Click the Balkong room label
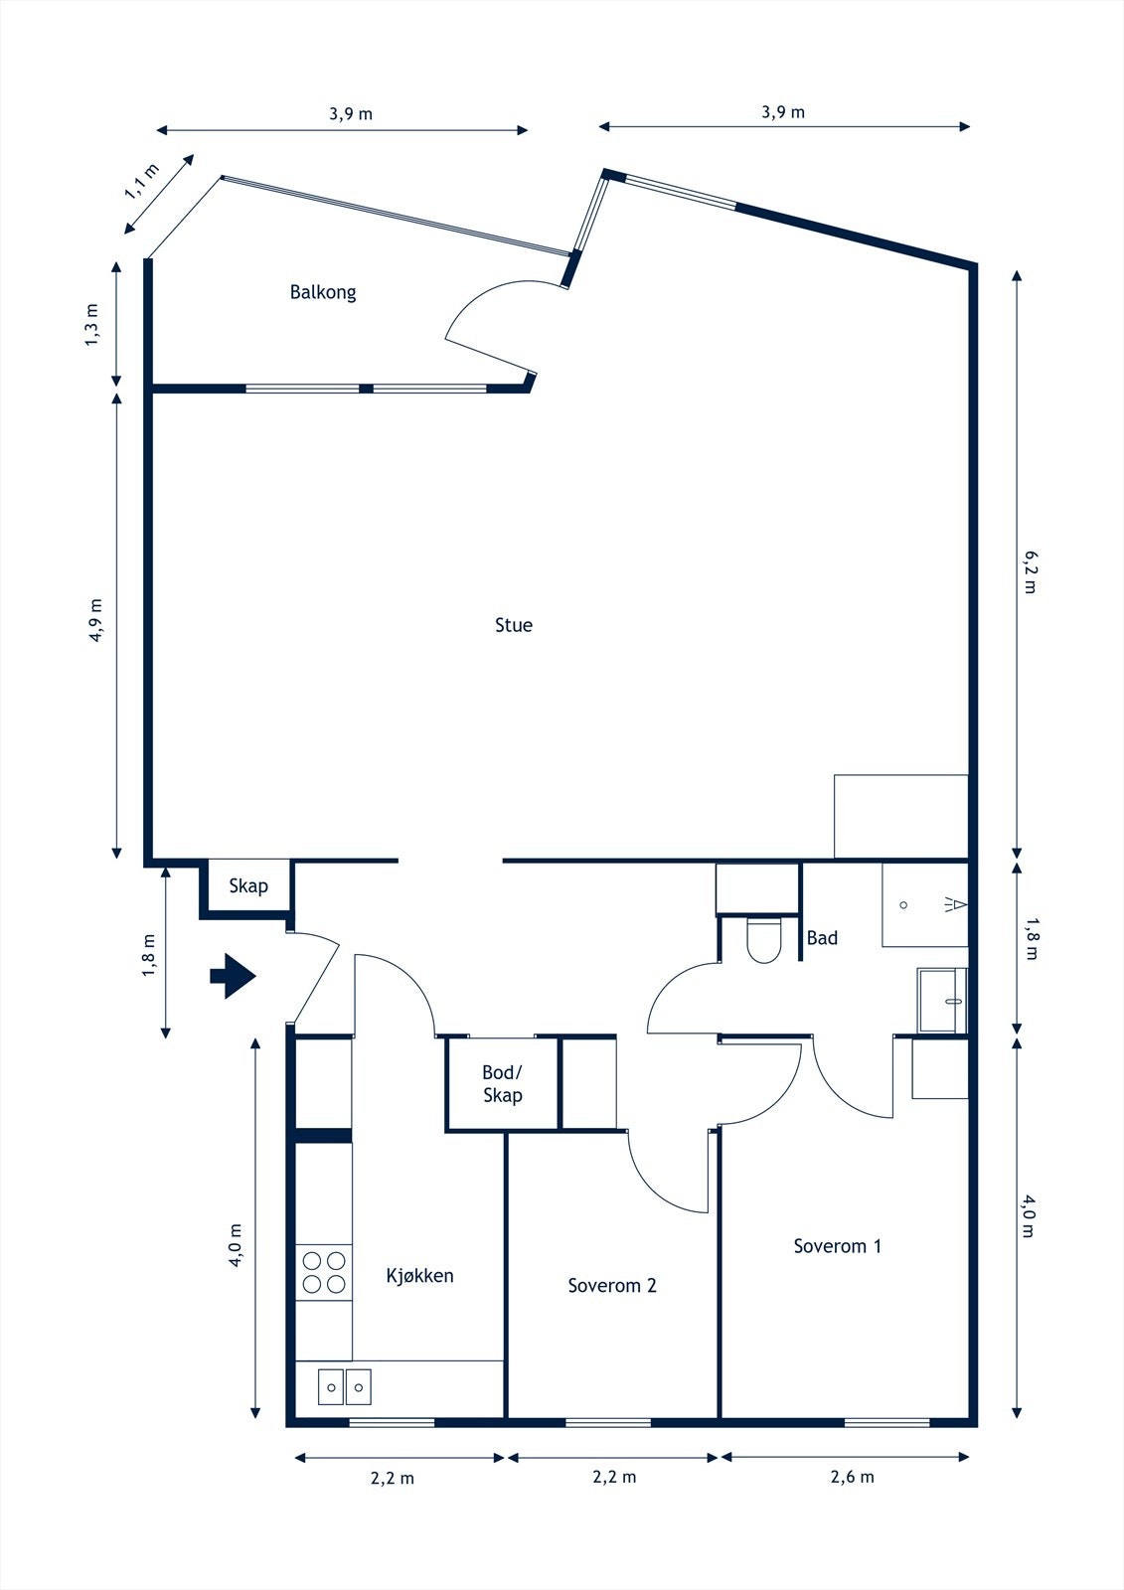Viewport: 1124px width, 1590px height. point(322,292)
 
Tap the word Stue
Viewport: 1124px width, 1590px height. point(514,625)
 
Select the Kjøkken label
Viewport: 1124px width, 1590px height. point(419,1276)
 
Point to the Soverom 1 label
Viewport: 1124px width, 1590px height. point(837,1246)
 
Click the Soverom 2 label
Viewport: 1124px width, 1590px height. point(612,1285)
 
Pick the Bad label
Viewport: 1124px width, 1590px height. point(822,938)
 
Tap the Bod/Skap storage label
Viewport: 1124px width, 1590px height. point(503,1084)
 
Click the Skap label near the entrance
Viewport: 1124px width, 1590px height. point(248,885)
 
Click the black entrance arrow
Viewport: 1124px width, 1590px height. point(233,976)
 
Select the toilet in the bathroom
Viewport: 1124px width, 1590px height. point(764,940)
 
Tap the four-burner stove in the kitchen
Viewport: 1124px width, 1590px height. point(324,1272)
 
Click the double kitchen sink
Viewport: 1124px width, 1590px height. point(345,1386)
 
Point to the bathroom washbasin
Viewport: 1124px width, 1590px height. point(942,1001)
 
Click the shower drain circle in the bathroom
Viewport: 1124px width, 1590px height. point(903,905)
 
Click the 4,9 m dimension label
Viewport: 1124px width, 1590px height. point(96,620)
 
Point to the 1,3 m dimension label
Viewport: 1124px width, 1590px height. point(92,325)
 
